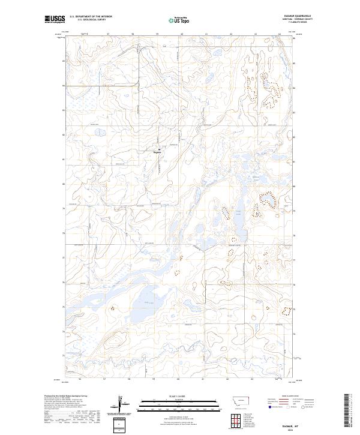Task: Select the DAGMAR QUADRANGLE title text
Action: coord(287,17)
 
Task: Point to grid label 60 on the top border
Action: coord(181,34)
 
